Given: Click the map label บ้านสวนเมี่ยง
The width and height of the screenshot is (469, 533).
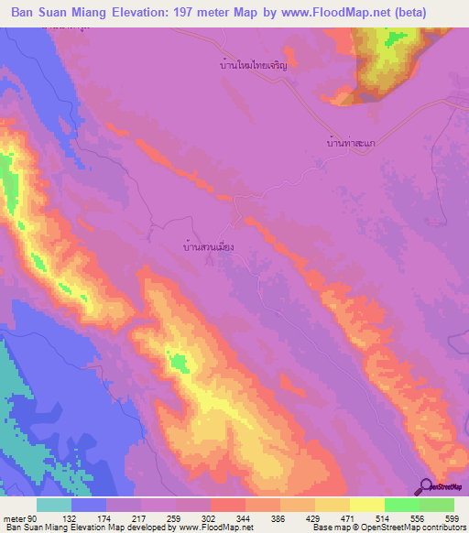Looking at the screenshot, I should [209, 246].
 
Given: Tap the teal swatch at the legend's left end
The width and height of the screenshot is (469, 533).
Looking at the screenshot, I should [54, 505].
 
